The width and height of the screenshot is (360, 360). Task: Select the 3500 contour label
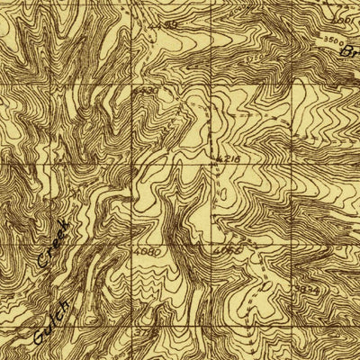pyautogui.click(x=332, y=40)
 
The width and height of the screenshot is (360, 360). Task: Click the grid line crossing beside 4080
pyautogui.click(x=133, y=244)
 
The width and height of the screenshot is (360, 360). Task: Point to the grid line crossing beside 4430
pyautogui.click(x=133, y=85)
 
